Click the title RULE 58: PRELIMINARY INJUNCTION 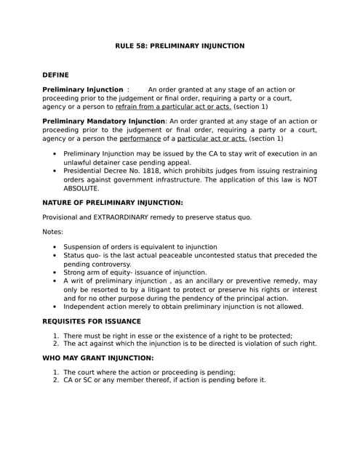pyautogui.click(x=180, y=46)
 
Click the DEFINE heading pyautogui.click(x=56, y=75)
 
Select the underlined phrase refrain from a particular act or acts pyautogui.click(x=173, y=106)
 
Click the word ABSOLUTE pyautogui.click(x=82, y=188)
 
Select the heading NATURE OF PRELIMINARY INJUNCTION pyautogui.click(x=113, y=203)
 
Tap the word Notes pyautogui.click(x=53, y=232)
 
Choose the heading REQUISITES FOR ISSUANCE pyautogui.click(x=92, y=321)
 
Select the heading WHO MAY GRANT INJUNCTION pyautogui.click(x=98, y=358)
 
